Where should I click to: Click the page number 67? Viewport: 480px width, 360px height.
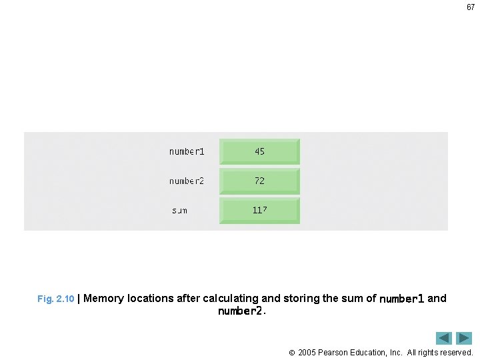pos(470,7)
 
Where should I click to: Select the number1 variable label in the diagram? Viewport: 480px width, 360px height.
pos(187,151)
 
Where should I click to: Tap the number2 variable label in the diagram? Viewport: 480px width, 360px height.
pos(187,181)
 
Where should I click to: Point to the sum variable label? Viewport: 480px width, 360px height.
pos(179,211)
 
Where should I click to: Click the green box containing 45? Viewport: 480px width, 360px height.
pos(259,151)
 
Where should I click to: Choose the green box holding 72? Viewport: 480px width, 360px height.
pos(259,181)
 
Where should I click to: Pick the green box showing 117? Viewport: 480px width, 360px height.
pos(259,210)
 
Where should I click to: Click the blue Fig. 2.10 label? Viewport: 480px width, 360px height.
pos(55,299)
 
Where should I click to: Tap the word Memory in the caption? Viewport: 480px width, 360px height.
pos(104,299)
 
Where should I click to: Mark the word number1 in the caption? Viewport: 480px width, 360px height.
pos(401,299)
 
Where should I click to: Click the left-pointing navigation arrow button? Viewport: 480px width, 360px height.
pos(444,338)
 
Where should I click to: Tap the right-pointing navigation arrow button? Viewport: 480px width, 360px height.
pos(464,338)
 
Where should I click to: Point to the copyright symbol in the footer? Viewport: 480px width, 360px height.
pos(291,352)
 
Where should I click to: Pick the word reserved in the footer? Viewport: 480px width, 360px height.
pos(455,352)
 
